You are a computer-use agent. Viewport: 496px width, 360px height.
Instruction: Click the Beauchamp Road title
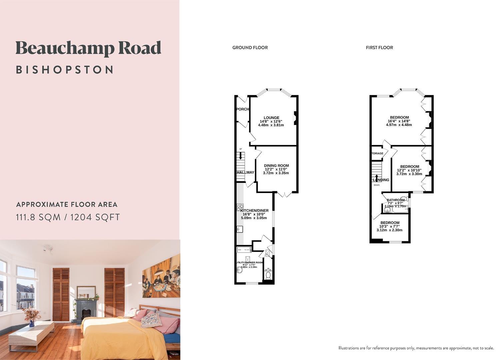[x=88, y=48]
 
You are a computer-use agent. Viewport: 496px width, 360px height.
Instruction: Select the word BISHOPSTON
[x=65, y=70]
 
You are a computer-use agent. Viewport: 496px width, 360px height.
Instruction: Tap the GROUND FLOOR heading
[x=250, y=48]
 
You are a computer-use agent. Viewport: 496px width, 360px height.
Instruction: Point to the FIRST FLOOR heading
[x=379, y=48]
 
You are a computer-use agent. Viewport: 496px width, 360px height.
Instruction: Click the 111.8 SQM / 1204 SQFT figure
[x=68, y=217]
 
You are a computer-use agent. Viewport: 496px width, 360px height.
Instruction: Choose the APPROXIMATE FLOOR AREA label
[x=67, y=204]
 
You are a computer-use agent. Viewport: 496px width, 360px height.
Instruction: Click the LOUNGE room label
[x=271, y=118]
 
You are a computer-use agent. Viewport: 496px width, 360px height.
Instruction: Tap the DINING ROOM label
[x=276, y=166]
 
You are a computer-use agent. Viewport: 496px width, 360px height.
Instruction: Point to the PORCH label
[x=242, y=109]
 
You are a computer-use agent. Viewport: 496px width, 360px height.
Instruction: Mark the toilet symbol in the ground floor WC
[x=268, y=276]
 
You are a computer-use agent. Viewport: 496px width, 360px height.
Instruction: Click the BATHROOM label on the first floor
[x=396, y=200]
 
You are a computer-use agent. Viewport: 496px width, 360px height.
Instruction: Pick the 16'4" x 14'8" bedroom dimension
[x=399, y=121]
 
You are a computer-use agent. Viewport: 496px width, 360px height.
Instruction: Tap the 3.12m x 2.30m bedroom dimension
[x=389, y=230]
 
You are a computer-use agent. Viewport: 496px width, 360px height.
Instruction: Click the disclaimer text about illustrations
[x=416, y=348]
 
